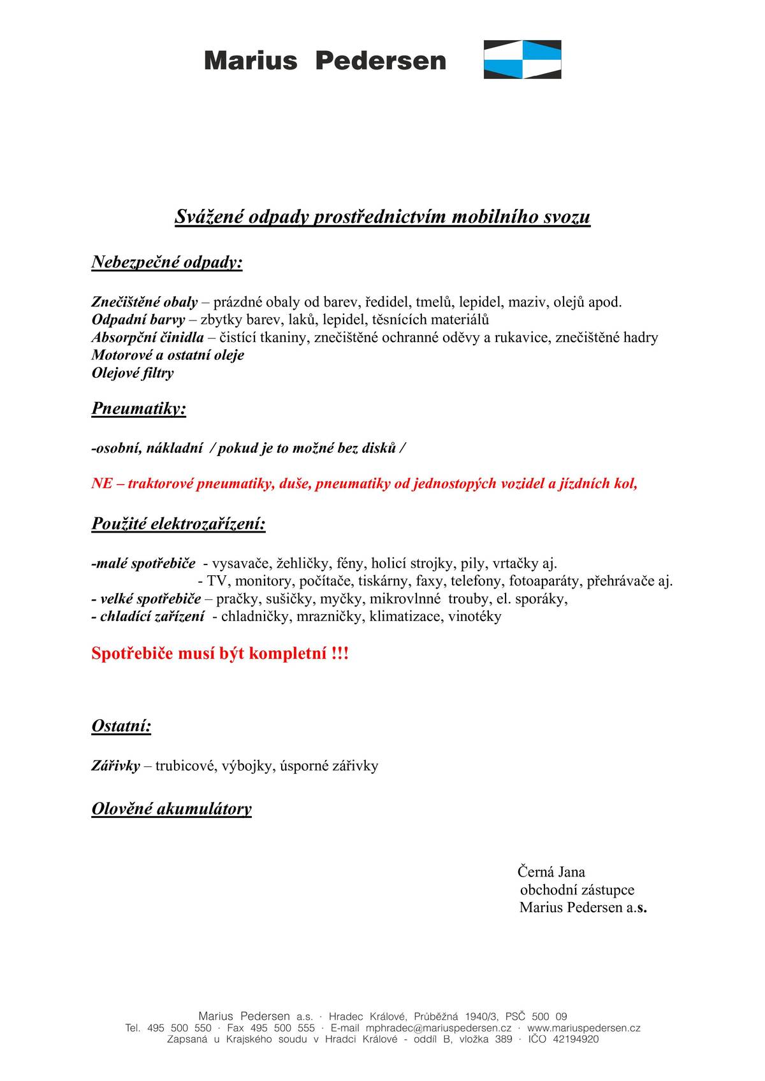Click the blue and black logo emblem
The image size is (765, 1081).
click(x=522, y=59)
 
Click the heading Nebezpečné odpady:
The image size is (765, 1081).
click(x=167, y=262)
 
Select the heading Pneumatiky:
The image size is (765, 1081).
click(x=139, y=408)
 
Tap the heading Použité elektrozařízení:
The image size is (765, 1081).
click(x=178, y=524)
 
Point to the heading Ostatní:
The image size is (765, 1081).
click(x=121, y=726)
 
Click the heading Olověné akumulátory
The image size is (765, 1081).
click(x=171, y=809)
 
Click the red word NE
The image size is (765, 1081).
click(x=101, y=483)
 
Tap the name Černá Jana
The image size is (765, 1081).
click(x=551, y=872)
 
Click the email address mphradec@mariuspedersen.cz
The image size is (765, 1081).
click(x=439, y=1028)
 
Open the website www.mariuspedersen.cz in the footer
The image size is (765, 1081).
click(x=583, y=1028)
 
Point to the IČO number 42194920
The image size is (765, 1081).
click(x=576, y=1040)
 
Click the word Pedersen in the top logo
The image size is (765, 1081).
click(x=381, y=61)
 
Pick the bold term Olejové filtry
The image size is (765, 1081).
click(x=133, y=373)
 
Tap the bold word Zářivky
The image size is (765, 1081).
click(x=115, y=766)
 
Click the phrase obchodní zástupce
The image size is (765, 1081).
click(x=577, y=890)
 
